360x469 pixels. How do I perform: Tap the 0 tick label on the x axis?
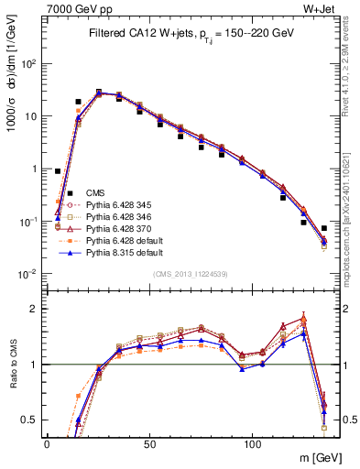coord(47,442)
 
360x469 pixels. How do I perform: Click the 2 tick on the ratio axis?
coord(34,309)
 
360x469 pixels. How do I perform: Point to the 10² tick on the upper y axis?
coord(27,64)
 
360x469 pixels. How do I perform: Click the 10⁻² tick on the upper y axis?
coord(27,274)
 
